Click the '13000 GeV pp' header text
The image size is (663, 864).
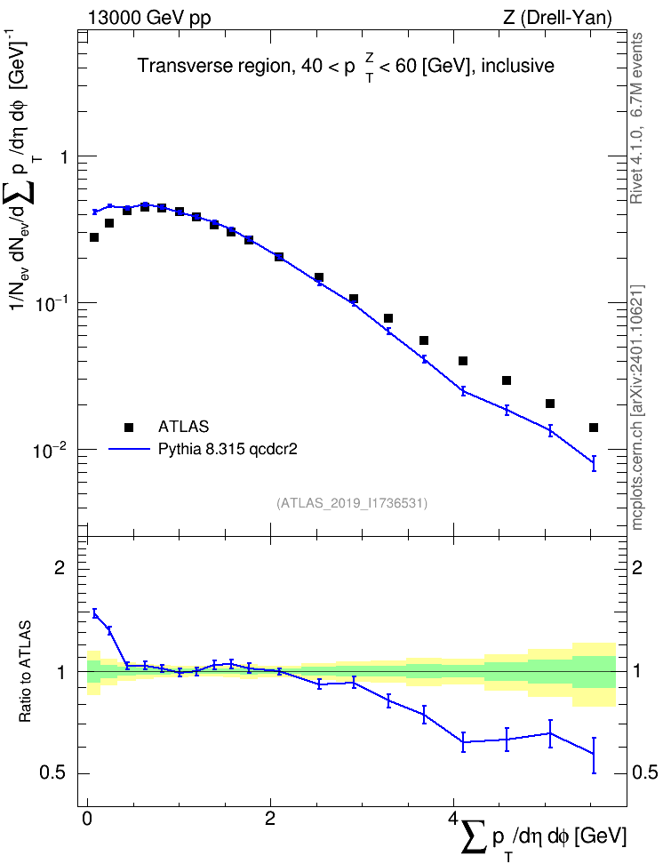click(148, 18)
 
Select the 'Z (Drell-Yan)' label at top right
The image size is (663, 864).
click(557, 18)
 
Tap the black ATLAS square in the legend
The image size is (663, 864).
click(129, 427)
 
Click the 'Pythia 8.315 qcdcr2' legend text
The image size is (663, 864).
click(228, 449)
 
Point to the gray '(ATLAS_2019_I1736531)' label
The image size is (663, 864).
click(352, 502)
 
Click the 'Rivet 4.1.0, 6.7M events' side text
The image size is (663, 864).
click(637, 118)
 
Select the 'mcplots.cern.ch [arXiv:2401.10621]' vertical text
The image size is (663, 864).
click(637, 407)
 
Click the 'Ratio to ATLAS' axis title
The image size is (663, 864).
click(26, 671)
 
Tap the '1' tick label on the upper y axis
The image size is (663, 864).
click(63, 157)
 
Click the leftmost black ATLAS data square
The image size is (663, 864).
click(94, 237)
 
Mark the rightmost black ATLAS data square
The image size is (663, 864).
click(594, 428)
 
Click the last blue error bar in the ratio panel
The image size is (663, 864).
click(594, 755)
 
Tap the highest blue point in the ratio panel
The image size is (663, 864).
click(95, 613)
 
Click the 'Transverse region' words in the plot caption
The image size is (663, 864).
click(214, 66)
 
